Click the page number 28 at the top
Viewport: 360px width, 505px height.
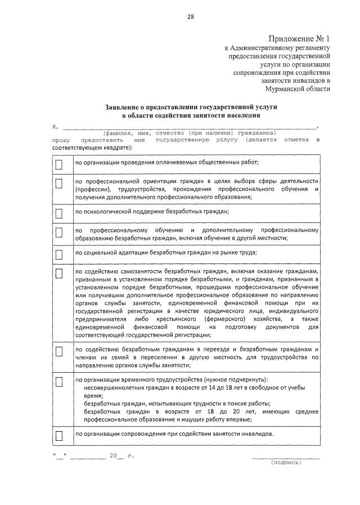coord(191,16)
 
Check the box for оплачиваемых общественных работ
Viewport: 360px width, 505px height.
coord(59,164)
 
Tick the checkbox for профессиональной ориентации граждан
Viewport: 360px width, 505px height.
coord(59,184)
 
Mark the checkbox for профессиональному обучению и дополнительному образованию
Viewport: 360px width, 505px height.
coord(59,233)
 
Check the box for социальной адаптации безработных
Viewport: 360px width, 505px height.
coord(59,254)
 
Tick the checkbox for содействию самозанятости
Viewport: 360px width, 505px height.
coord(59,274)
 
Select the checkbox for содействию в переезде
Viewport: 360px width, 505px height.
coord(59,351)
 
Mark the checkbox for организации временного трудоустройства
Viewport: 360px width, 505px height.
coord(59,382)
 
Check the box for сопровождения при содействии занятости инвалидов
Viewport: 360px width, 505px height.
coord(59,436)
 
